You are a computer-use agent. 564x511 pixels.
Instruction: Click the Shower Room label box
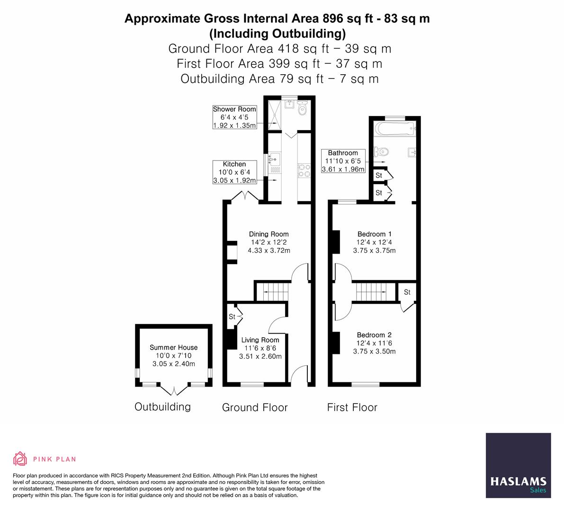234,117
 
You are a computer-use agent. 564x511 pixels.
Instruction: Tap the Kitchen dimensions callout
234,172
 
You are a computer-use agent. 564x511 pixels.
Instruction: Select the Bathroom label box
343,161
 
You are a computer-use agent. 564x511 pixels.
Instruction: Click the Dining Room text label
269,234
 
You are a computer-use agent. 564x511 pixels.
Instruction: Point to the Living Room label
260,340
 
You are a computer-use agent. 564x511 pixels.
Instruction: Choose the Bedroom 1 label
374,234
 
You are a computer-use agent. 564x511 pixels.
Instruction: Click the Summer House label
173,348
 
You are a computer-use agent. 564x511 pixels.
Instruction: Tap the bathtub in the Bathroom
394,128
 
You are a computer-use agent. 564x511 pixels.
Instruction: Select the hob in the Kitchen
303,170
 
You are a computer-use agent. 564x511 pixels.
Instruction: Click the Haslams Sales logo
518,466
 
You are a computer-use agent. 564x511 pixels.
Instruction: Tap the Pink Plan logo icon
20,458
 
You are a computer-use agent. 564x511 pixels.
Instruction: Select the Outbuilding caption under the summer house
162,407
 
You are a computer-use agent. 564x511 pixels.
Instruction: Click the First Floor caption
352,407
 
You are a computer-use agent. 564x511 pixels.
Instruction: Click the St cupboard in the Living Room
233,317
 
